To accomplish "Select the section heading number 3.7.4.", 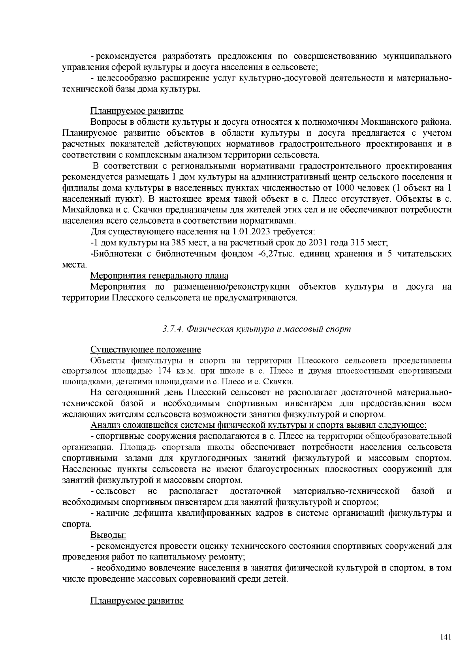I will pyautogui.click(x=173, y=329).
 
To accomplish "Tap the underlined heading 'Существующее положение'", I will pyautogui.click(x=146, y=350).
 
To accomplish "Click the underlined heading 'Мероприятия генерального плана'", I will pyautogui.click(x=159, y=275).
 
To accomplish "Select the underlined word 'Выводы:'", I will pyautogui.click(x=108, y=535).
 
